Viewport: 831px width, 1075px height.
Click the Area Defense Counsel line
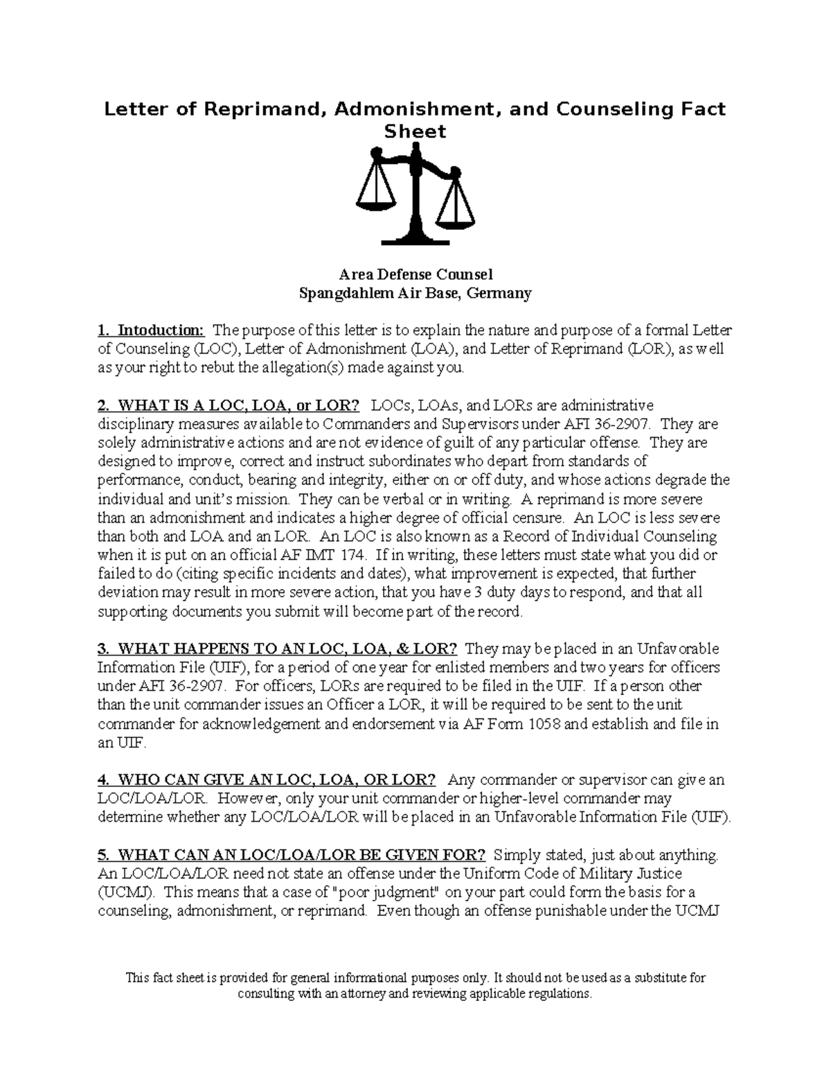click(x=415, y=274)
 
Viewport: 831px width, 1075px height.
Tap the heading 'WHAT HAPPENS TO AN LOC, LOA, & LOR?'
click(x=278, y=649)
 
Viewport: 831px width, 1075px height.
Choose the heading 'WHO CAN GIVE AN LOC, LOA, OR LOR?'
click(x=267, y=780)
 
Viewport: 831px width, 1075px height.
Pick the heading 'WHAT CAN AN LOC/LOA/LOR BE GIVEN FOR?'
click(x=292, y=855)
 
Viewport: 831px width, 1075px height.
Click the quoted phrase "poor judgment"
click(x=388, y=892)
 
